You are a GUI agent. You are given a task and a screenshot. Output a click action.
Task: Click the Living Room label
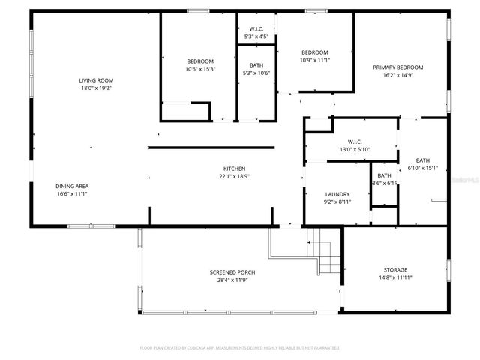pos(96,80)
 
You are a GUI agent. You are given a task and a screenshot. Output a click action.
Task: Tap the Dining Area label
pos(72,186)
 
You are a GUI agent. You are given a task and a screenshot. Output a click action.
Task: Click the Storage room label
pos(395,269)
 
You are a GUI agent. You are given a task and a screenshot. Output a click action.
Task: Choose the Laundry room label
pos(337,193)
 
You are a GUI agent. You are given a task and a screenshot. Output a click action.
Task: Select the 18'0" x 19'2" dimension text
pos(96,88)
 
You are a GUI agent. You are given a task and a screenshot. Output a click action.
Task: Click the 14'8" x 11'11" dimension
pos(395,277)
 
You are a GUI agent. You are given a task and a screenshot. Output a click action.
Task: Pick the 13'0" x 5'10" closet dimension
pos(355,148)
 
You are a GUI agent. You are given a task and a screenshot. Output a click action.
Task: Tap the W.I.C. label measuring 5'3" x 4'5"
pos(256,29)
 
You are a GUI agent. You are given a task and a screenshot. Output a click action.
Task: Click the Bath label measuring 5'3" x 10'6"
pos(256,65)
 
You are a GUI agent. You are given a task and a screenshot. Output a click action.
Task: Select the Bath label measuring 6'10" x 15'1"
pos(423,160)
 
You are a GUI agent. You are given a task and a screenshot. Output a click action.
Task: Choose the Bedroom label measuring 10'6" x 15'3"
pos(200,61)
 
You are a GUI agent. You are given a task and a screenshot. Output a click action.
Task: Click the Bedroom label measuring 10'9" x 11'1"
pos(315,52)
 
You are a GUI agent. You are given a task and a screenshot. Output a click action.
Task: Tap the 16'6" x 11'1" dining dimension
pos(72,193)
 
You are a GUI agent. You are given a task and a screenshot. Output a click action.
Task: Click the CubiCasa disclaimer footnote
pos(240,348)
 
